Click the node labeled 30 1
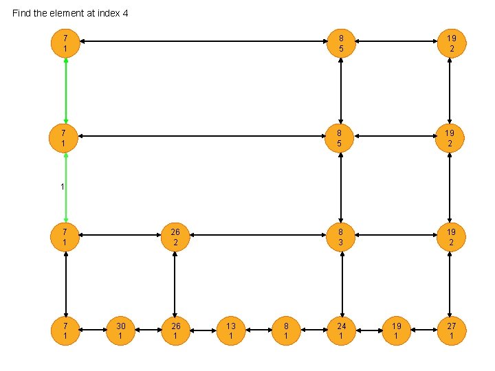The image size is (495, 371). (120, 330)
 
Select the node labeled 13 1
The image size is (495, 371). (231, 330)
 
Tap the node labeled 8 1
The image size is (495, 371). (286, 330)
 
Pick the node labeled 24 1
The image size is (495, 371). (341, 330)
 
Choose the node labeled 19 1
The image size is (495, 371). (396, 330)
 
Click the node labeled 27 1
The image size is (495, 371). (451, 330)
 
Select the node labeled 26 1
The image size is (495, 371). (175, 330)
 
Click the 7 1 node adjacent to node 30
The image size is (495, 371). (65, 330)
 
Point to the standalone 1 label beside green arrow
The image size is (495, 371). (62, 186)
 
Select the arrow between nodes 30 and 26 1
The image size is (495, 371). (148, 330)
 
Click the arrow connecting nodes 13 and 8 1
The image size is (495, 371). (258, 330)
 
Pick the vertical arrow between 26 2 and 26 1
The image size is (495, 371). (175, 283)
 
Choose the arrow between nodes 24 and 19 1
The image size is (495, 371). (368, 330)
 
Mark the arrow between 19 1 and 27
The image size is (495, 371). (423, 330)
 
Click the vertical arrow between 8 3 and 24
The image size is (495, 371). (341, 283)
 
